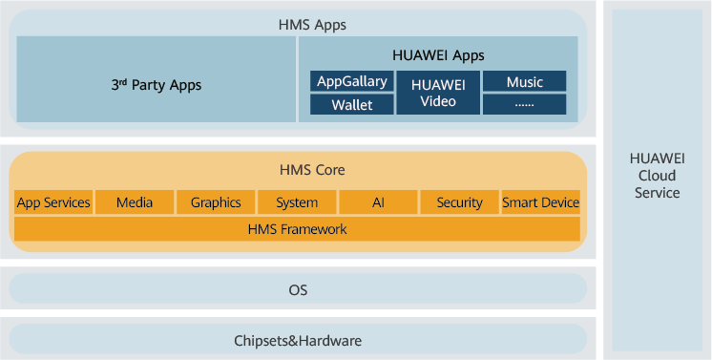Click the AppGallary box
(x=352, y=81)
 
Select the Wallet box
(x=352, y=104)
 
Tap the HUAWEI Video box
(x=438, y=93)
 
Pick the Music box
(x=525, y=81)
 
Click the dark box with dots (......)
(x=525, y=104)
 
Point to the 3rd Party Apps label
(x=157, y=85)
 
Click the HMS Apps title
(x=312, y=25)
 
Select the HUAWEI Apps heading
(x=438, y=55)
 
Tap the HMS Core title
(x=312, y=170)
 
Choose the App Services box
(x=53, y=202)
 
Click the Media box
(x=135, y=202)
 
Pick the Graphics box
(x=216, y=202)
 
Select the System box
(x=297, y=202)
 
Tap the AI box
(x=378, y=202)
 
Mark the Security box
(x=459, y=202)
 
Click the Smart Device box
(x=541, y=202)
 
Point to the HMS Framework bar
(x=297, y=228)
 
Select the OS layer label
(x=298, y=289)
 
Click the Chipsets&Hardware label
(x=298, y=341)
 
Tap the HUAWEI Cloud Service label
(x=657, y=176)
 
